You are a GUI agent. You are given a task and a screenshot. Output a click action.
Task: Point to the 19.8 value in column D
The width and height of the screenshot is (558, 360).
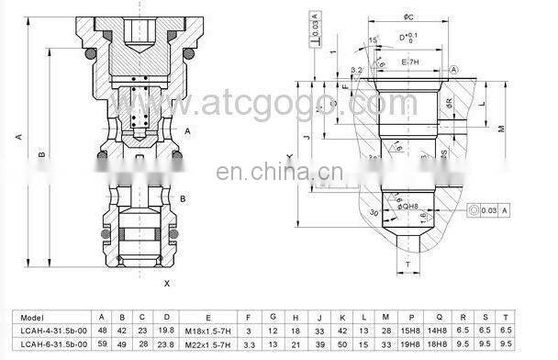[166, 329]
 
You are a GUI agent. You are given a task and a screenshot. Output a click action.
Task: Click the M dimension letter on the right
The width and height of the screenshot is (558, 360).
[501, 129]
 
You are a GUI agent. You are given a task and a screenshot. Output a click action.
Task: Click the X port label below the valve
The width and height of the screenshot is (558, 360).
[165, 284]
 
